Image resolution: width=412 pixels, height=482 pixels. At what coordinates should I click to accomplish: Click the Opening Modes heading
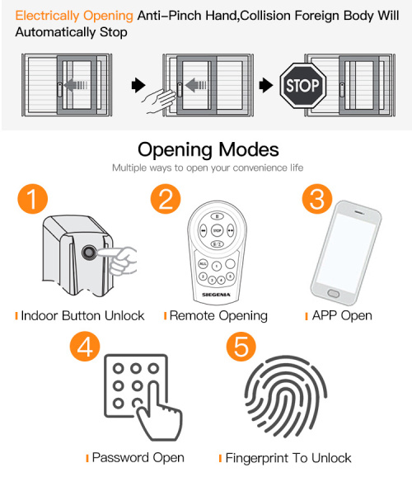pyautogui.click(x=208, y=149)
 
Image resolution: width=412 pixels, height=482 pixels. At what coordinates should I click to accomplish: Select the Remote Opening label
pyautogui.click(x=218, y=315)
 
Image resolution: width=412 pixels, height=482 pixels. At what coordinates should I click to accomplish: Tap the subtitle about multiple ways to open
pyautogui.click(x=208, y=168)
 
